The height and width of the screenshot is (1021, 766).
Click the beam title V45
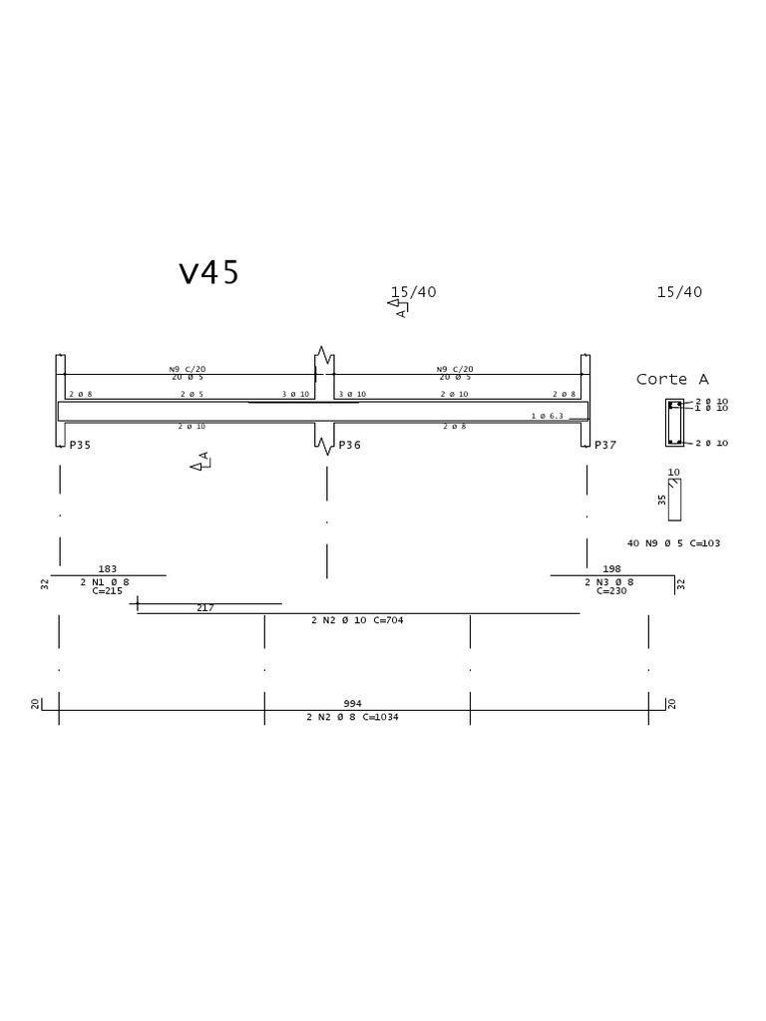click(x=209, y=273)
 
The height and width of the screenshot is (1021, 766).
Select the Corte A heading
click(x=672, y=379)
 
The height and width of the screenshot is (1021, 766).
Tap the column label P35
click(x=79, y=445)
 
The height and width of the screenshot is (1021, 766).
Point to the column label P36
click(x=349, y=445)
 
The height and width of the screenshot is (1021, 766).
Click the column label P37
click(x=606, y=445)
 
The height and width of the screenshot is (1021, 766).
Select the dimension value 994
click(x=353, y=703)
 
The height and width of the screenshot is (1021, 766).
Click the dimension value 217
click(x=205, y=607)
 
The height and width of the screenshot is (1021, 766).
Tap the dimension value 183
click(x=108, y=569)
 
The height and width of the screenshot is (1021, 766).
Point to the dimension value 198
click(x=612, y=569)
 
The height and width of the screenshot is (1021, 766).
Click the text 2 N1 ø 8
click(x=105, y=581)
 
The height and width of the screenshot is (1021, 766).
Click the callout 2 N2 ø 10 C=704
click(x=357, y=619)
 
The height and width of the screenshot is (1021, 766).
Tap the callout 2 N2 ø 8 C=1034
click(x=353, y=716)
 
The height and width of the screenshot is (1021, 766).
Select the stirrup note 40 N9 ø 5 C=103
click(x=673, y=543)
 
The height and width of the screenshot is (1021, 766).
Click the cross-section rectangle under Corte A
click(x=675, y=423)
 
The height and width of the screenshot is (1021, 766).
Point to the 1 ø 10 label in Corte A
click(x=712, y=408)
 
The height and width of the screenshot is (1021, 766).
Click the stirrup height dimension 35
click(x=662, y=500)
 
